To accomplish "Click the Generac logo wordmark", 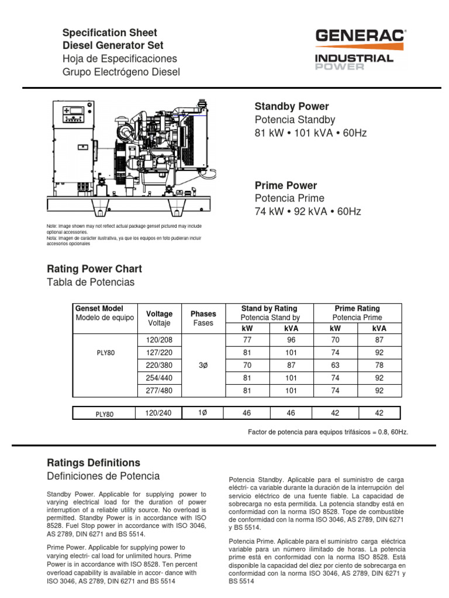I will (x=361, y=37).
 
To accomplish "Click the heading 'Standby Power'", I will (x=291, y=106).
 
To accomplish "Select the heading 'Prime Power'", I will (x=285, y=185).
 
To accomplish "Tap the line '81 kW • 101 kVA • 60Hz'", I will (x=310, y=133).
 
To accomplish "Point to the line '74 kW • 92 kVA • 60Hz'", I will (x=308, y=211).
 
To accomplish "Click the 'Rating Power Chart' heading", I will (x=94, y=269).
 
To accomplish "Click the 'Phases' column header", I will (x=203, y=314).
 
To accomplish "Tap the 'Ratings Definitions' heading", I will (x=93, y=463).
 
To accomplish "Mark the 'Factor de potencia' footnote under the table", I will (x=328, y=432).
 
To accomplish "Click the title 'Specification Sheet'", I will (x=110, y=33).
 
